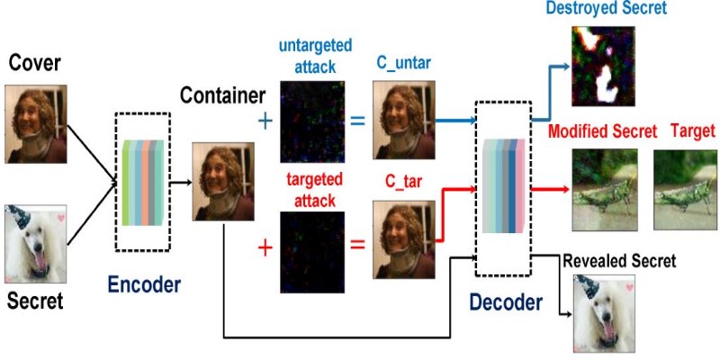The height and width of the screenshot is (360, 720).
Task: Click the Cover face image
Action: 36,123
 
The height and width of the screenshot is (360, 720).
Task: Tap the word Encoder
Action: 144,285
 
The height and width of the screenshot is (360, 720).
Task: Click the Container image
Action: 217,180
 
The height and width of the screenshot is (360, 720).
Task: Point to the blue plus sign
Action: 265,121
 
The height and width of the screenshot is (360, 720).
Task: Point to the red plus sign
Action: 265,245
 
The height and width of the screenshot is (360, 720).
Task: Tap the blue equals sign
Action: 358,121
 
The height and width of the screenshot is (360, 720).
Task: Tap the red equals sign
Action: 358,244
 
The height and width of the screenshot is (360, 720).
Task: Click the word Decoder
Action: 506,303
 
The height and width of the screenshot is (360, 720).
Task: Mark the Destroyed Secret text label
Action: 606,9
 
